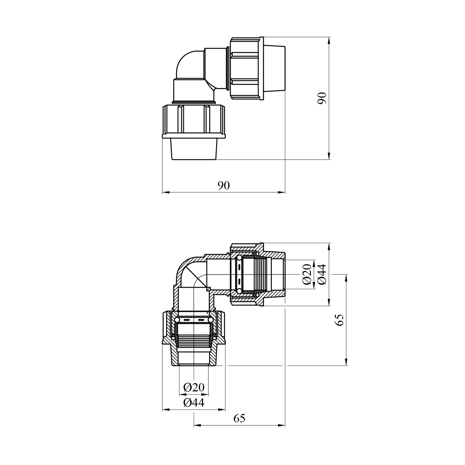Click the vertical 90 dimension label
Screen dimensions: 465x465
322,98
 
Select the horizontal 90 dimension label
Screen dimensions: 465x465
224,185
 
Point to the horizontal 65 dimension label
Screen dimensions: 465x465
239,418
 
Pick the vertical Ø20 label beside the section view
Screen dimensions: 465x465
307,274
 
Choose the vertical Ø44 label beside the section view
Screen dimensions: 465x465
322,274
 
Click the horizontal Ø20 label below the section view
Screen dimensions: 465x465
194,387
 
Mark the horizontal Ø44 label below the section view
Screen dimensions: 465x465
194,403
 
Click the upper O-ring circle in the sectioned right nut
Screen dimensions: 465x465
239,258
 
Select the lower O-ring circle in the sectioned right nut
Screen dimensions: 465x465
239,291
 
